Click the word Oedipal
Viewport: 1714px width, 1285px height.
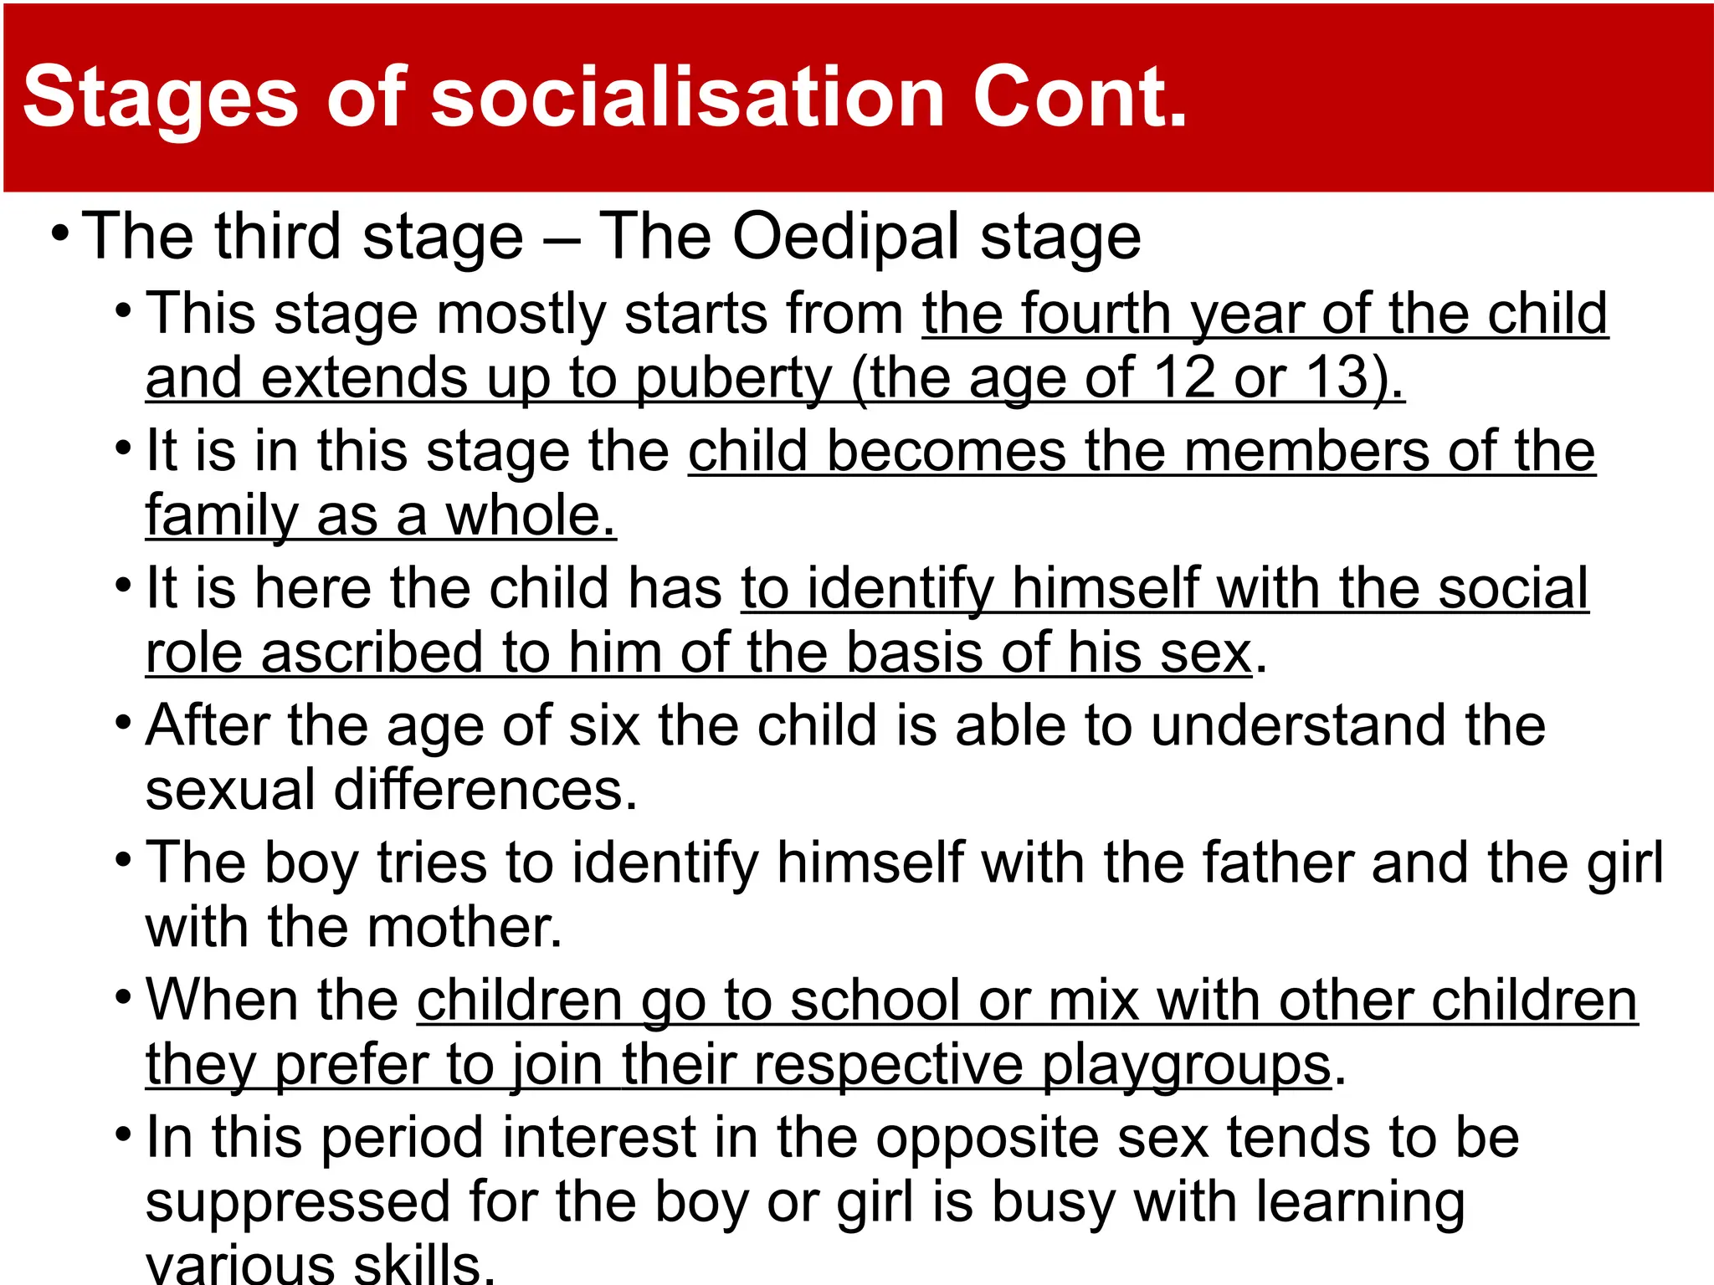tap(846, 238)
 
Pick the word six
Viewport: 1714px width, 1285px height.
tap(603, 725)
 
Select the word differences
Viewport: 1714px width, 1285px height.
tap(485, 790)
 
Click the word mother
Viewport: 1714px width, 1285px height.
tap(464, 928)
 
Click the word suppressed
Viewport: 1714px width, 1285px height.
tap(298, 1203)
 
